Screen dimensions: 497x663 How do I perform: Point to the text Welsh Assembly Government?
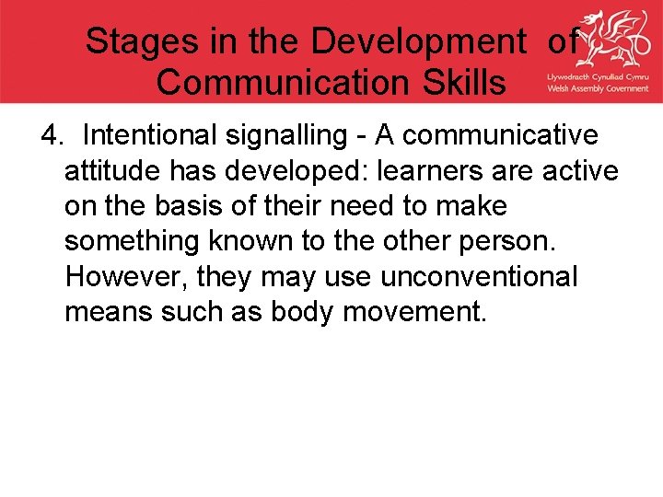pos(598,88)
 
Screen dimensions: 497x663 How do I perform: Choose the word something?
pos(133,241)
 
